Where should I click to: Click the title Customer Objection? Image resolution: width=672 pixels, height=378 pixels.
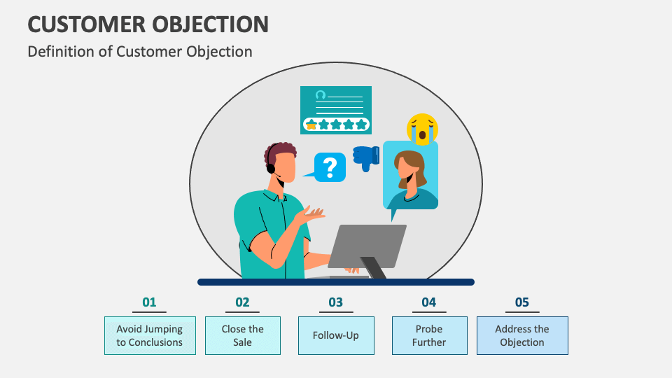point(148,24)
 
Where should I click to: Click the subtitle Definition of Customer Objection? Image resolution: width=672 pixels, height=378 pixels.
point(139,51)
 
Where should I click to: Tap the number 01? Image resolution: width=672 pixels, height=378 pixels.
point(149,302)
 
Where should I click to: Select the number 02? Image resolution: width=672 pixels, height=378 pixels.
point(242,302)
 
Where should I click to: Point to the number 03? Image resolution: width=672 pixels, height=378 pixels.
point(336,302)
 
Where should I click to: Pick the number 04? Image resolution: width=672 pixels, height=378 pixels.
point(429,302)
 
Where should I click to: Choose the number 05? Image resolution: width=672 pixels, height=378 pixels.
point(522,302)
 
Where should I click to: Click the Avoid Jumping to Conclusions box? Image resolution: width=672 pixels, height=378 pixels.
point(150,335)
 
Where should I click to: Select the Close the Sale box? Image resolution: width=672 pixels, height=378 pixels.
point(243,335)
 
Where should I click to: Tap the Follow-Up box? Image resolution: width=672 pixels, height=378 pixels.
point(336,335)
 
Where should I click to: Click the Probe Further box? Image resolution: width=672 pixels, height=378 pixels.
point(429,335)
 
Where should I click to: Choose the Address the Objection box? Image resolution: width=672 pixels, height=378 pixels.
point(522,335)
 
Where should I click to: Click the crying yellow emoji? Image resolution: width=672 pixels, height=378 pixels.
point(422,128)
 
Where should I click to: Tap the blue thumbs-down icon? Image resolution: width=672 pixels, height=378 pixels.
point(366,157)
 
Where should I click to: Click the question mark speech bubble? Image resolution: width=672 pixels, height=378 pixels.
point(329,167)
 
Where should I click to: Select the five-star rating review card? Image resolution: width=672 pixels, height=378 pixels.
point(336,109)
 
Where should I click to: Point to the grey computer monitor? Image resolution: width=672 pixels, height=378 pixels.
point(366,246)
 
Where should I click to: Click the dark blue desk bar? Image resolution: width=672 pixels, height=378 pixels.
point(336,282)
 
